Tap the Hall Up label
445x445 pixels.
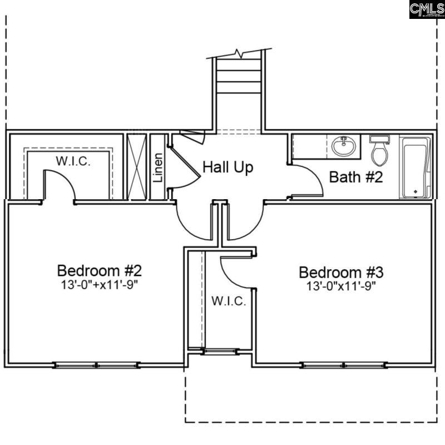[228, 167]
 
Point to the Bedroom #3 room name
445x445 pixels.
[341, 273]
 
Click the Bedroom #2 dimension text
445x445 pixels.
[100, 285]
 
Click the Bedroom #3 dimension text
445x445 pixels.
[341, 286]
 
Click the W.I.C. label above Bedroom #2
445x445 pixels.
[73, 161]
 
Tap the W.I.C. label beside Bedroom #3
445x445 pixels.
[228, 301]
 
